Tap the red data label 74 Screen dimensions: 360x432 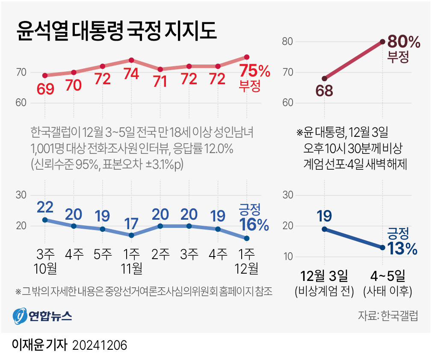(x=131, y=74)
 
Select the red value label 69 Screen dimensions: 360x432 (x=45, y=89)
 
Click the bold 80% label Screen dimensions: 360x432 (x=404, y=42)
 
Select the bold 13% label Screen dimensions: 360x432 (x=402, y=248)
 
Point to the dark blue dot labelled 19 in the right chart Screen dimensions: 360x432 (x=325, y=229)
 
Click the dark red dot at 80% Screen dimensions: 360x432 (x=382, y=41)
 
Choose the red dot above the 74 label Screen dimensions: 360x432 (x=131, y=60)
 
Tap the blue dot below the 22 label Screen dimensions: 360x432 (x=45, y=220)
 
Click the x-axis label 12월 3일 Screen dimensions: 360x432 (x=325, y=274)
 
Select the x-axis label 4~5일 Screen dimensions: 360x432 (x=387, y=274)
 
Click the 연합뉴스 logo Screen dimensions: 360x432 (x=42, y=316)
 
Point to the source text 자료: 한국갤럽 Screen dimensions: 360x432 (x=388, y=316)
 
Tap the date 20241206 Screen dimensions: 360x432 (x=101, y=345)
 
